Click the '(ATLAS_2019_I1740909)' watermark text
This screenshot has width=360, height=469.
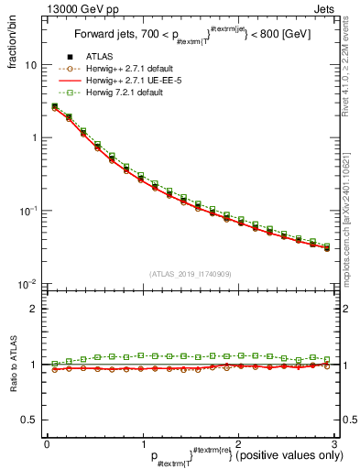(190, 274)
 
